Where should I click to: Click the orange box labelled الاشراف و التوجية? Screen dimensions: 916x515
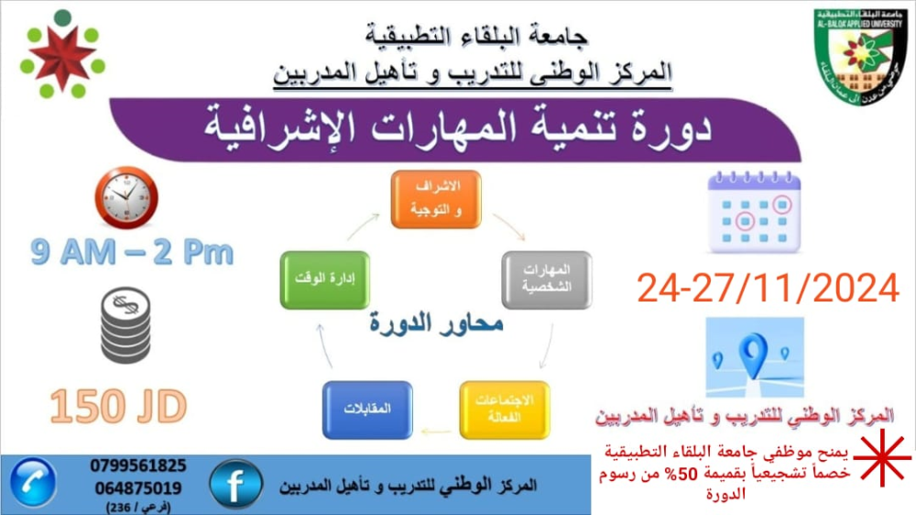pyautogui.click(x=436, y=200)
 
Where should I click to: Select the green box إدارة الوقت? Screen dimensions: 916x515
pyautogui.click(x=325, y=280)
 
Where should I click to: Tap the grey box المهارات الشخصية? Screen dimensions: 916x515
pyautogui.click(x=547, y=280)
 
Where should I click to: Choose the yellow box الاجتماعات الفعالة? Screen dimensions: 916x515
pyautogui.click(x=505, y=410)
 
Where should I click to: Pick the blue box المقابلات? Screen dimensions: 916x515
pyautogui.click(x=367, y=410)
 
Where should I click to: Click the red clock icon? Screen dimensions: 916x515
pyautogui.click(x=126, y=198)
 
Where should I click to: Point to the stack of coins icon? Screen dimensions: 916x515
pyautogui.click(x=125, y=325)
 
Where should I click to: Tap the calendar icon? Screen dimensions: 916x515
pyautogui.click(x=754, y=213)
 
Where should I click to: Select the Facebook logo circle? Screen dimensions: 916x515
pyautogui.click(x=236, y=484)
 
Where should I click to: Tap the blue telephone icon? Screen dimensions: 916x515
pyautogui.click(x=33, y=483)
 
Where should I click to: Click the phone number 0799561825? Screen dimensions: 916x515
pyautogui.click(x=138, y=466)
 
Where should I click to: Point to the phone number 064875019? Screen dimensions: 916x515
pyautogui.click(x=138, y=488)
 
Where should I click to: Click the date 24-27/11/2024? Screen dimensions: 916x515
pyautogui.click(x=768, y=288)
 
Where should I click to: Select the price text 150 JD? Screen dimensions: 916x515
pyautogui.click(x=118, y=406)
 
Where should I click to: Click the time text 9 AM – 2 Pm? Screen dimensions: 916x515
pyautogui.click(x=132, y=253)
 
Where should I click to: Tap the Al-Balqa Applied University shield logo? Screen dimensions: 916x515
pyautogui.click(x=860, y=56)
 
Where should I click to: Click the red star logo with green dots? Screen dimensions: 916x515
pyautogui.click(x=62, y=56)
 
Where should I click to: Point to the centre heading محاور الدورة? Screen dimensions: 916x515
pyautogui.click(x=436, y=323)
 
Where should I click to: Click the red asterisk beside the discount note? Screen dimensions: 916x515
pyautogui.click(x=882, y=458)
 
